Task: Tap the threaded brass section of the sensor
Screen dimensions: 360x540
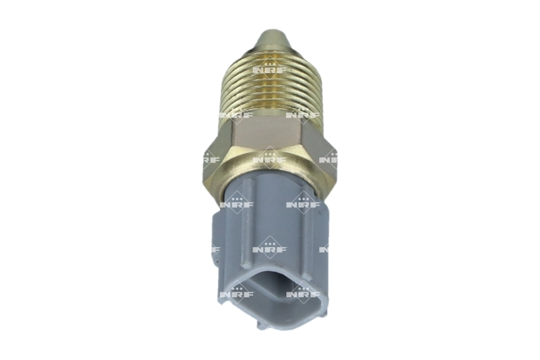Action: tap(270, 88)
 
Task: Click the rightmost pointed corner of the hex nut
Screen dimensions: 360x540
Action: tap(337, 159)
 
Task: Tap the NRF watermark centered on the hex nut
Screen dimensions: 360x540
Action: tap(270, 159)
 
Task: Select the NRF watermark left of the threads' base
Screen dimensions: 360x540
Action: tap(236, 114)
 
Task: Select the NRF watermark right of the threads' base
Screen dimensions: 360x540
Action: tap(303, 114)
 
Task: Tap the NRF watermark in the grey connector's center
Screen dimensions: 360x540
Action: tap(270, 249)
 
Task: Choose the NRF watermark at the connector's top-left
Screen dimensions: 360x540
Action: tap(236, 203)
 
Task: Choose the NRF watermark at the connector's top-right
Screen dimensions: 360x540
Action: tap(303, 203)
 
